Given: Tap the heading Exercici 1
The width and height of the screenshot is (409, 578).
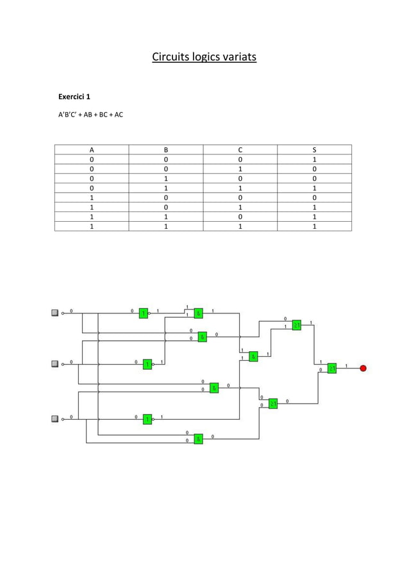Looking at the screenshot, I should tap(74, 97).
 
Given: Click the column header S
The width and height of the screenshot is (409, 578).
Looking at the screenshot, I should tap(314, 149).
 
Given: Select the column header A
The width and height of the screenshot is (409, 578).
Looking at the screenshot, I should tap(92, 149).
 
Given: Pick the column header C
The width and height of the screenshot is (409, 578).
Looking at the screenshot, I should tap(240, 149).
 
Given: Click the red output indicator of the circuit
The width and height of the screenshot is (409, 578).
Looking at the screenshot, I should tap(363, 368).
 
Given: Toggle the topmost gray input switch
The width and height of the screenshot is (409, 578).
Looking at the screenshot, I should tap(55, 313).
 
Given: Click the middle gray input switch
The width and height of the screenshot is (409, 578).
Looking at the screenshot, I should tap(55, 364).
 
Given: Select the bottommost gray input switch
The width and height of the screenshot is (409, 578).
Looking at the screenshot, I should tap(55, 419).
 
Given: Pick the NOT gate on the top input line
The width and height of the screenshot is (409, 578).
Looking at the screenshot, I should tap(144, 313).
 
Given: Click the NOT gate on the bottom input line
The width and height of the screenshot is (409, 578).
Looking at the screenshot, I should tap(147, 419).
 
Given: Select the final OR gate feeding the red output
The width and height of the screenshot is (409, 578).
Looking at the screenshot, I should tap(332, 368).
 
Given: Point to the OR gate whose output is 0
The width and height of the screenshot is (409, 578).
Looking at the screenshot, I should tap(272, 404).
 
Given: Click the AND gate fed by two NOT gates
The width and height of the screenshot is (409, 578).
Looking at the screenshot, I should tap(199, 313).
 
